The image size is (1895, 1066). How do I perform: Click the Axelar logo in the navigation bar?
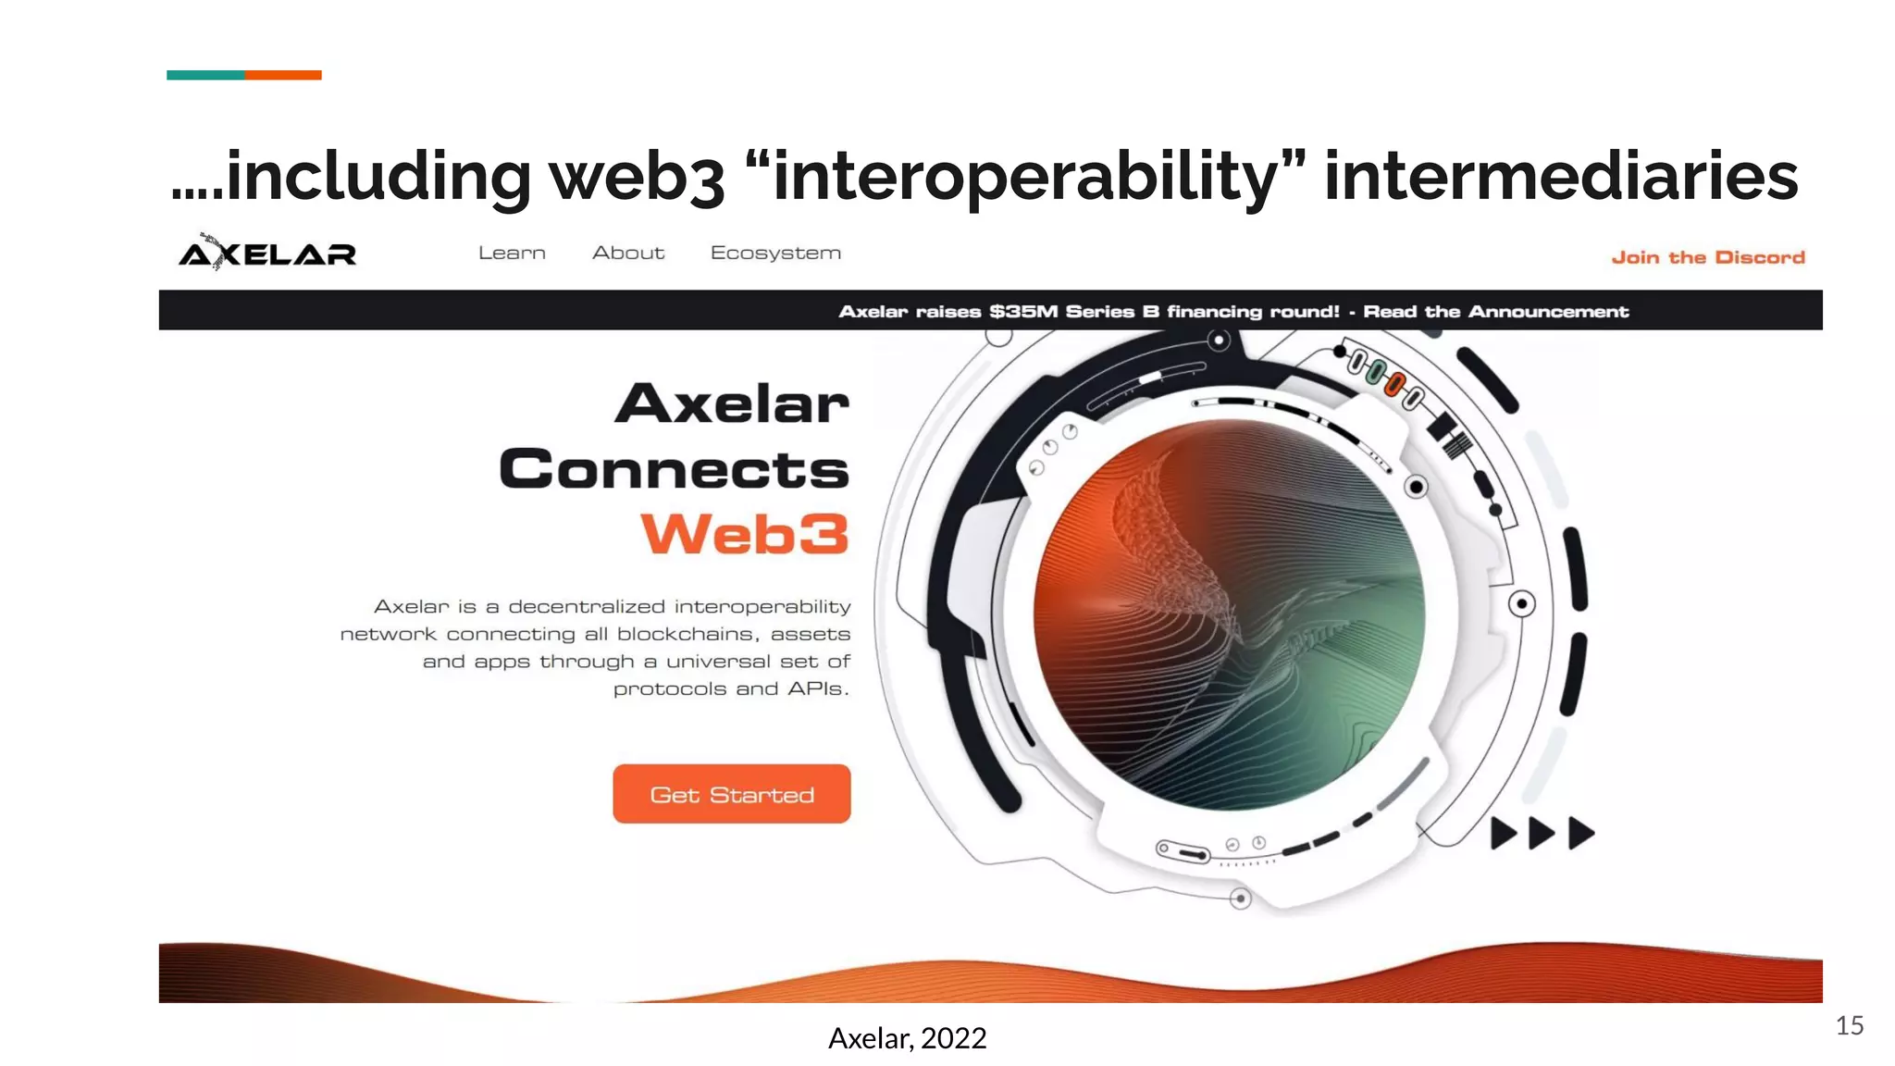pyautogui.click(x=267, y=254)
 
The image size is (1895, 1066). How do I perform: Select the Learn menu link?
pyautogui.click(x=512, y=253)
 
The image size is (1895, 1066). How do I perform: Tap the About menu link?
pyautogui.click(x=628, y=253)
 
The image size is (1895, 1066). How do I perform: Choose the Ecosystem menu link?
pyautogui.click(x=775, y=253)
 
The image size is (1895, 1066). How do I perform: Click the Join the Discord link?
pyautogui.click(x=1708, y=257)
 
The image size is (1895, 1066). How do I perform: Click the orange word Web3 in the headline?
pyautogui.click(x=745, y=535)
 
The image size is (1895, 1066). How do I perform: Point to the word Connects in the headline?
pyautogui.click(x=674, y=469)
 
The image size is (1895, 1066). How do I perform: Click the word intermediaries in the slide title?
pyautogui.click(x=1561, y=176)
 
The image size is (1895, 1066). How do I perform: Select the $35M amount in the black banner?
pyautogui.click(x=1023, y=312)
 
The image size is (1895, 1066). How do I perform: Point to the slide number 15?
pyautogui.click(x=1849, y=1025)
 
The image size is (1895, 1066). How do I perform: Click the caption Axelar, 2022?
pyautogui.click(x=907, y=1038)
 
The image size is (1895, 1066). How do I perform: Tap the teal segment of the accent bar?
pyautogui.click(x=205, y=75)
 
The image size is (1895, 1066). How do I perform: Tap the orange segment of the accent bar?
pyautogui.click(x=283, y=75)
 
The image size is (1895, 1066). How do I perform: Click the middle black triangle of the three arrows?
pyautogui.click(x=1541, y=833)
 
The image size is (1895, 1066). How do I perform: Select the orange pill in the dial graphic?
pyautogui.click(x=1394, y=383)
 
